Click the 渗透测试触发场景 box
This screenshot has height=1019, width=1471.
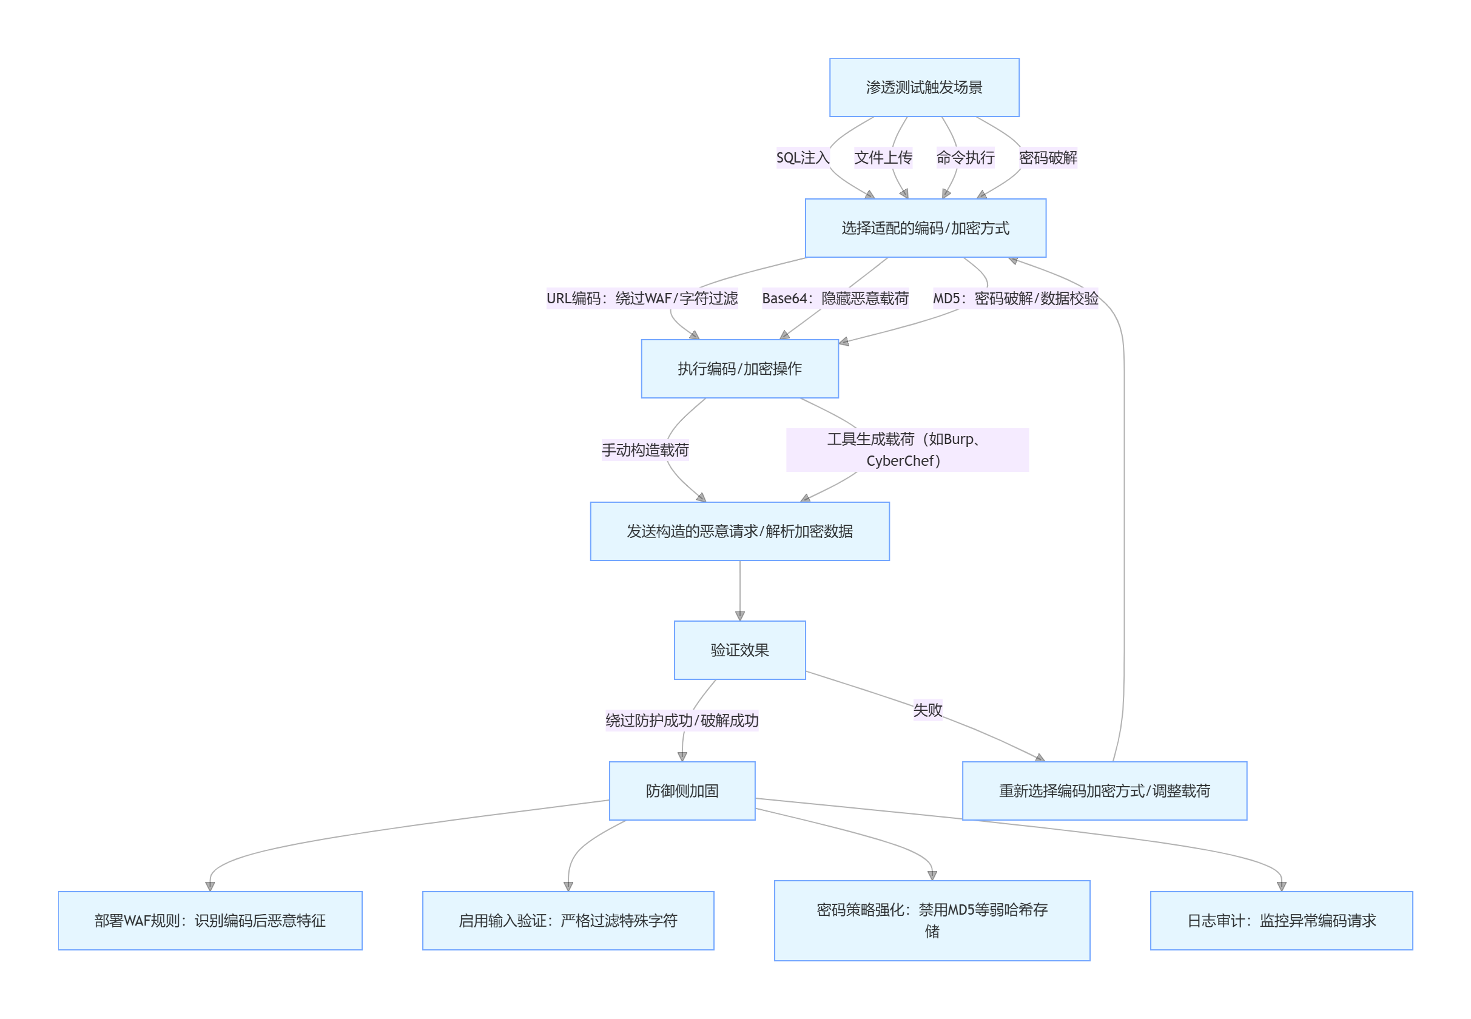pyautogui.click(x=924, y=87)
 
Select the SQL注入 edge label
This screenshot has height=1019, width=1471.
pyautogui.click(x=803, y=158)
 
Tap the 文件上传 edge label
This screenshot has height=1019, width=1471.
pyautogui.click(x=883, y=158)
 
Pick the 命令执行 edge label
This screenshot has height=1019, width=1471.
pyautogui.click(x=964, y=158)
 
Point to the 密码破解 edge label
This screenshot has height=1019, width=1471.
pyautogui.click(x=1048, y=158)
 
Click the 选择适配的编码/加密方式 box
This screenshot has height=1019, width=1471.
pyautogui.click(x=925, y=228)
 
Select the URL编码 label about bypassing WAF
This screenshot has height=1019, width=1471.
pyautogui.click(x=642, y=298)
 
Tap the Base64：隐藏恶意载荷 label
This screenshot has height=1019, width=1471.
pyautogui.click(x=835, y=298)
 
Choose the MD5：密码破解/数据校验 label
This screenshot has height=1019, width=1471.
pyautogui.click(x=1015, y=298)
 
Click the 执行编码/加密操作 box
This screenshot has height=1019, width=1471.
pyautogui.click(x=739, y=368)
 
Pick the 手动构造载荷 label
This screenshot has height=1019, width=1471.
pyautogui.click(x=645, y=450)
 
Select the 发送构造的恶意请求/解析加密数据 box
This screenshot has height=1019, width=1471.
pyautogui.click(x=739, y=531)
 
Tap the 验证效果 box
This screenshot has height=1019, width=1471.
pyautogui.click(x=739, y=650)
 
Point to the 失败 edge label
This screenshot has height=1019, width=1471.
pyautogui.click(x=927, y=710)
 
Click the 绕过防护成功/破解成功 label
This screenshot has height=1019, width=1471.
pyautogui.click(x=682, y=721)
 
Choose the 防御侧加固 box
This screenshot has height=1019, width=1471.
pyautogui.click(x=682, y=790)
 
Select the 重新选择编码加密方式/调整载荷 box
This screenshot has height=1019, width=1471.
pyautogui.click(x=1104, y=790)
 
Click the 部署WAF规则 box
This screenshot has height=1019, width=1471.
pyautogui.click(x=210, y=920)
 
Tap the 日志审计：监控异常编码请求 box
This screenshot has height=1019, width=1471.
pyautogui.click(x=1281, y=920)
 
